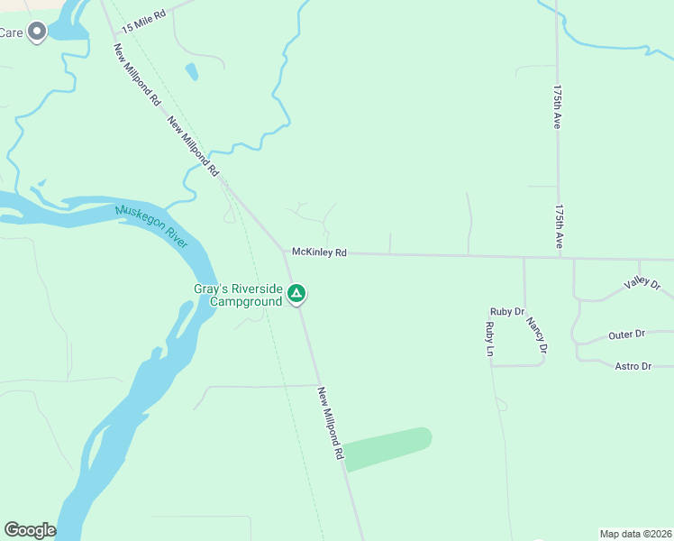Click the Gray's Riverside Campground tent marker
(296, 294)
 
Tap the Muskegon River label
(152, 225)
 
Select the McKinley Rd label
(319, 252)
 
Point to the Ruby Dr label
(506, 311)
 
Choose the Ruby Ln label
(490, 339)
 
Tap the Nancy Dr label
(537, 335)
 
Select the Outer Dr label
(626, 335)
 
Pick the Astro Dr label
(633, 366)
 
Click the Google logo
(30, 530)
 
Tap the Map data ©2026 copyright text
(635, 534)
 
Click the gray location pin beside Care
(37, 32)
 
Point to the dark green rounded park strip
(388, 449)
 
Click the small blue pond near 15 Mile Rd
(191, 70)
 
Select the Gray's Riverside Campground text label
(238, 296)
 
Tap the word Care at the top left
(11, 32)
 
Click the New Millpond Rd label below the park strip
(331, 424)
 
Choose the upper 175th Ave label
(558, 108)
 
